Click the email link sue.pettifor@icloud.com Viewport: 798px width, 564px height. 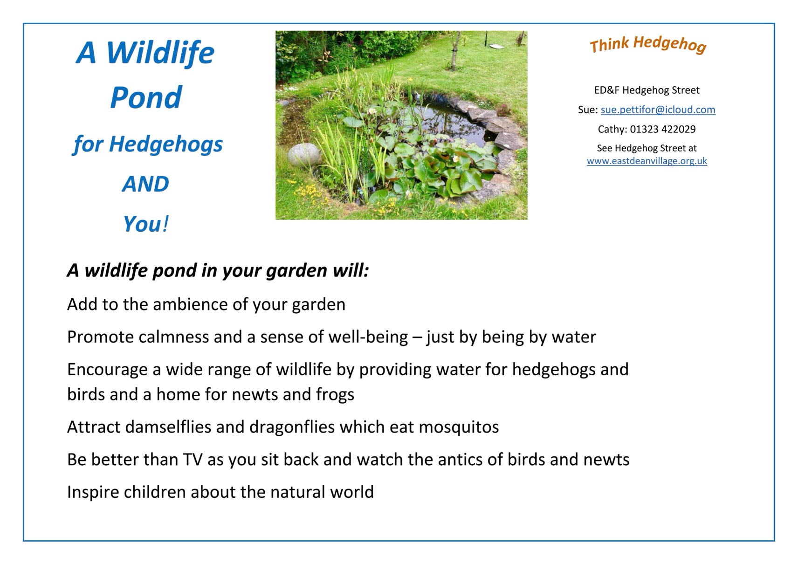tap(658, 110)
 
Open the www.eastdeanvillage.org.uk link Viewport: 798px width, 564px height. tap(647, 161)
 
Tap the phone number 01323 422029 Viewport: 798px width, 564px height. tap(663, 129)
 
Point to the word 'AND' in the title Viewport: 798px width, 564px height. tap(145, 184)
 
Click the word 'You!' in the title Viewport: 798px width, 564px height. tap(146, 224)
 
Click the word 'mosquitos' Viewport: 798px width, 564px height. tap(459, 427)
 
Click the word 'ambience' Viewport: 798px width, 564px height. tap(190, 304)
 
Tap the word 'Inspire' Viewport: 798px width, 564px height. tap(93, 492)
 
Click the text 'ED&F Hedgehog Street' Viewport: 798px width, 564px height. tap(647, 90)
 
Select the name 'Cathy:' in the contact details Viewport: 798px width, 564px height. tap(612, 129)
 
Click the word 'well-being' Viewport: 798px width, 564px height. tap(368, 337)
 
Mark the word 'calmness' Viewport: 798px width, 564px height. tap(173, 337)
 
